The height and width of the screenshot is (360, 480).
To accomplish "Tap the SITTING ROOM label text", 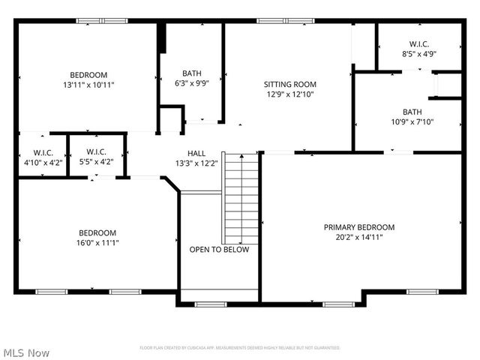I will (x=289, y=84).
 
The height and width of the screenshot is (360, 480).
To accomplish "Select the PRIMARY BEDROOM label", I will (x=358, y=226).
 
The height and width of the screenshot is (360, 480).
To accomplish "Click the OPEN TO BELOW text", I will (x=219, y=250).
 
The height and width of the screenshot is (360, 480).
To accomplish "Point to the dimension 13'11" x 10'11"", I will (x=88, y=85).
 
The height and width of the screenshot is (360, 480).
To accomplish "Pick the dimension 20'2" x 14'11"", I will (x=358, y=237).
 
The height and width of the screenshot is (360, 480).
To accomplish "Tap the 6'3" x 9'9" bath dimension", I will (x=191, y=84).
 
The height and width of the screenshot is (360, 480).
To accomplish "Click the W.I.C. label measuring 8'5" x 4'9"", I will (x=418, y=43).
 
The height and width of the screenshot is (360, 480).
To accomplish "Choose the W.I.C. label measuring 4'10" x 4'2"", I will (x=32, y=152).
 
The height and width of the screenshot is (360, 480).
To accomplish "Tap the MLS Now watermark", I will (x=27, y=352).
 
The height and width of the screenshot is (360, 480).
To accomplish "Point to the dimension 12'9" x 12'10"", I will (x=289, y=94).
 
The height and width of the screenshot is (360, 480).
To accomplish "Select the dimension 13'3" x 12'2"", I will (x=196, y=163).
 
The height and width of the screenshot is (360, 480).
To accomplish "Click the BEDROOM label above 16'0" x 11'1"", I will (x=97, y=232).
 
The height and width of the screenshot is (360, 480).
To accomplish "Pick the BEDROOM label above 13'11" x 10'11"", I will (x=88, y=74).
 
